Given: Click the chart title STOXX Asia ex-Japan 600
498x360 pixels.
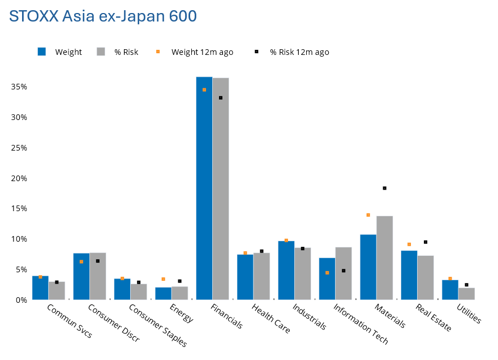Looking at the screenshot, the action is (103, 16).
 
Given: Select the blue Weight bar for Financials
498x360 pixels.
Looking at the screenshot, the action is (204, 188).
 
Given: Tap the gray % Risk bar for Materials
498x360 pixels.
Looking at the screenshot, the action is (385, 258).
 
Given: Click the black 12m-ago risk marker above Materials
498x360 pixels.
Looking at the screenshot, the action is (385, 188).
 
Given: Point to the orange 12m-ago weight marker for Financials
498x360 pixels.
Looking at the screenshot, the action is (204, 90).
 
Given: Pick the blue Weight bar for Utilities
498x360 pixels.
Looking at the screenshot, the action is (450, 290).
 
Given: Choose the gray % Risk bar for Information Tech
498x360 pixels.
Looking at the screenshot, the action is (344, 273).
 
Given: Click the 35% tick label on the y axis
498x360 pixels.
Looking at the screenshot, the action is (19, 87).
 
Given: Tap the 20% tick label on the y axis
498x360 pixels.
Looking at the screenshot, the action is (19, 178).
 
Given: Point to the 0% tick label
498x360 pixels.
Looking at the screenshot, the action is (22, 300).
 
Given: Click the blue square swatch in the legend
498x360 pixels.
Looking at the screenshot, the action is (42, 52).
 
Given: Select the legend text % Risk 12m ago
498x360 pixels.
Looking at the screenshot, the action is (299, 52).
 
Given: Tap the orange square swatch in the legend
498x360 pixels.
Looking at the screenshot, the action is (158, 52).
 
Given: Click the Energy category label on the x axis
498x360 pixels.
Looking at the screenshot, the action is (182, 313).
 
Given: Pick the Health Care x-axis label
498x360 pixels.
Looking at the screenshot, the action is (271, 318).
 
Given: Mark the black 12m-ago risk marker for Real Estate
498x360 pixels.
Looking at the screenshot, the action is (426, 242).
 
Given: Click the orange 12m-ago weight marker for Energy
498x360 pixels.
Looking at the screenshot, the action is (163, 279).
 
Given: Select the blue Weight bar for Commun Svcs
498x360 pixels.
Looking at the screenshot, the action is (40, 288).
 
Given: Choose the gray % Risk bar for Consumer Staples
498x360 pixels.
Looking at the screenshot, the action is (139, 292).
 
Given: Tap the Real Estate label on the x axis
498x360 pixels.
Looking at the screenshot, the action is (433, 318).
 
